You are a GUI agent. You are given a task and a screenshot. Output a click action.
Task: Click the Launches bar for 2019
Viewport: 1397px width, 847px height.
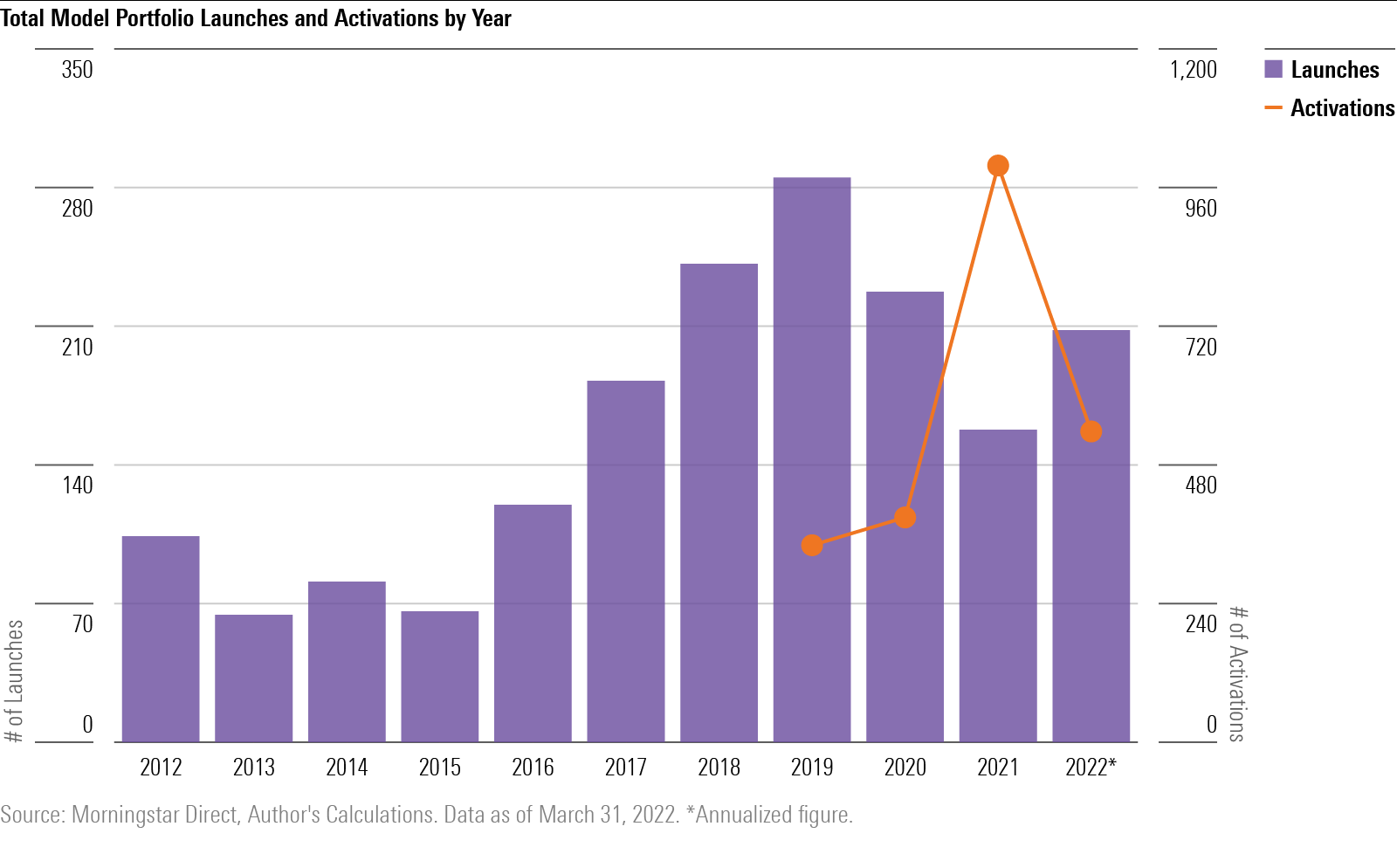[x=812, y=459]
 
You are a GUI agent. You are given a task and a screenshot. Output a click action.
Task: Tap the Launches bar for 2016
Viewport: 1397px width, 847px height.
[x=533, y=623]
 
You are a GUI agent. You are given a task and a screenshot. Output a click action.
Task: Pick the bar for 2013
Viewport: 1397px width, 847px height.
[x=254, y=678]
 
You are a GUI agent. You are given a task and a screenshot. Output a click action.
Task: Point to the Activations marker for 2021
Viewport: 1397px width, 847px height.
[x=998, y=166]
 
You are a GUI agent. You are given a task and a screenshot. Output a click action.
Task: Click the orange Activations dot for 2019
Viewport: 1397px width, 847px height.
[x=812, y=546]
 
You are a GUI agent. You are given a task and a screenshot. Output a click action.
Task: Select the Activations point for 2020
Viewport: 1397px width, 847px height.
[x=905, y=518]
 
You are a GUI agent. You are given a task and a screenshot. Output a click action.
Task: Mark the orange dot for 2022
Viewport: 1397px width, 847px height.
[x=1091, y=431]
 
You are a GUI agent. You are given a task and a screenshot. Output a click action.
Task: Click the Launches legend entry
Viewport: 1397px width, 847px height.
[x=1322, y=70]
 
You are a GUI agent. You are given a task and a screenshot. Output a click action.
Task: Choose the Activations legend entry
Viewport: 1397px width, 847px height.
[x=1329, y=108]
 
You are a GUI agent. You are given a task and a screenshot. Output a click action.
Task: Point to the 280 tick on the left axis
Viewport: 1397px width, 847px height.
[x=77, y=208]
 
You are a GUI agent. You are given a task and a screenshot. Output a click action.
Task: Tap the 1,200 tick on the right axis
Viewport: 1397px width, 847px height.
[x=1193, y=70]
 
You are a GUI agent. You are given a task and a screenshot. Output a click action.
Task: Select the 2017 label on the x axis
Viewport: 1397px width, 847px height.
[x=626, y=768]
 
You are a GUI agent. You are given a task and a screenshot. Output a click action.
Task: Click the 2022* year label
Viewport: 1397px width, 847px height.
[x=1091, y=768]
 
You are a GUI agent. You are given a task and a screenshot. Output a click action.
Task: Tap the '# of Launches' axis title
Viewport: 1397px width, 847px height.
[x=14, y=681]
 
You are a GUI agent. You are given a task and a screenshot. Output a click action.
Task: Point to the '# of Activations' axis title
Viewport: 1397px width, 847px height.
[x=1237, y=673]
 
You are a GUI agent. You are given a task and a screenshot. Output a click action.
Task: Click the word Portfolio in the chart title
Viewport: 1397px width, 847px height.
[x=155, y=18]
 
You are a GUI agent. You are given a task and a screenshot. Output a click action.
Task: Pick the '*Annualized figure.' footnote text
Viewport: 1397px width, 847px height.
[x=769, y=815]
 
